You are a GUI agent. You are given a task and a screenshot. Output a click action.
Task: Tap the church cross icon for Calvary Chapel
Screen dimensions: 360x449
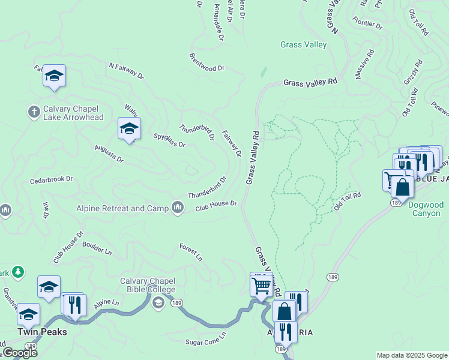(x=34, y=112)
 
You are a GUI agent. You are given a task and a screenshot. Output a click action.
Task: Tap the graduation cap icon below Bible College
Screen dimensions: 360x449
(x=157, y=302)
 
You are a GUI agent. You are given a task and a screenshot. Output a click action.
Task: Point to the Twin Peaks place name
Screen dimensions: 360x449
(x=41, y=331)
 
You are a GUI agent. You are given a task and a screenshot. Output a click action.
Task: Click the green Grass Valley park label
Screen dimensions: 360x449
(x=304, y=44)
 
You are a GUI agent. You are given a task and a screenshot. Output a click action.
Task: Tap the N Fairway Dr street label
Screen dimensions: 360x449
(x=126, y=71)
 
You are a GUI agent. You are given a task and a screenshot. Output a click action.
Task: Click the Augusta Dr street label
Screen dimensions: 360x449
(x=109, y=154)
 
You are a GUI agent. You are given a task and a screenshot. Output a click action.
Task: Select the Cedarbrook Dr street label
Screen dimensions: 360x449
(x=51, y=179)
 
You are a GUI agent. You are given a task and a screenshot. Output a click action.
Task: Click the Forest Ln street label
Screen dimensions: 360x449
(x=191, y=252)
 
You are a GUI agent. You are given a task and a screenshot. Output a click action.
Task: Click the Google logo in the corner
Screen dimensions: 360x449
(x=19, y=353)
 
